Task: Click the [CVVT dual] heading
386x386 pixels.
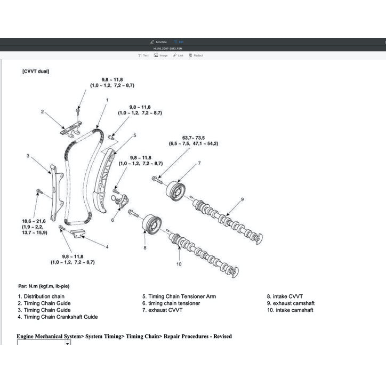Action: coord(36,71)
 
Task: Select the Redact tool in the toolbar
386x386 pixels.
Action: coord(196,55)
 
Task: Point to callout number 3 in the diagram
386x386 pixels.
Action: coord(27,156)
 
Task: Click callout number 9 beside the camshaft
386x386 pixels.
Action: coord(242,199)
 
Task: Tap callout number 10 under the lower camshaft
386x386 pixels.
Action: coord(179,263)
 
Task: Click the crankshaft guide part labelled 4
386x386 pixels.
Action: coord(78,234)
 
